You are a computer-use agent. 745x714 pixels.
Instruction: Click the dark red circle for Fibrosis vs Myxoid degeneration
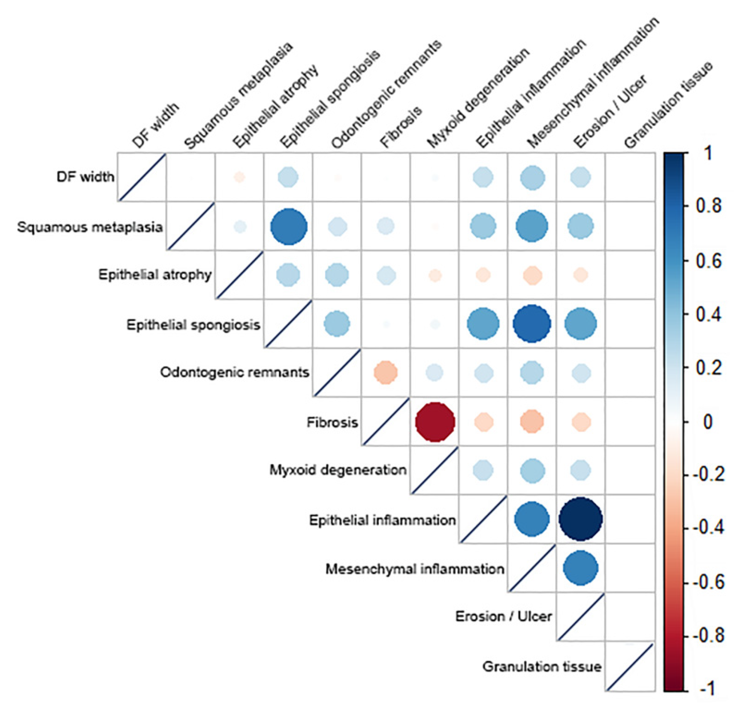[435, 422]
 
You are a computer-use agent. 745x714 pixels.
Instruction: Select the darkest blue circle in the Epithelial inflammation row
[580, 519]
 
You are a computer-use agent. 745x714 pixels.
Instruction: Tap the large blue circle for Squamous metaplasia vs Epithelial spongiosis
[289, 227]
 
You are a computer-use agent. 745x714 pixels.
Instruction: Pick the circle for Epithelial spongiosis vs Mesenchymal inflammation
[532, 324]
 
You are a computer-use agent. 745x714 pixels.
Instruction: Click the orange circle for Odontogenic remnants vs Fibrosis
[385, 372]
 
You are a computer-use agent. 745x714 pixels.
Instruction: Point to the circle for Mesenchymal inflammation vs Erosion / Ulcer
[580, 568]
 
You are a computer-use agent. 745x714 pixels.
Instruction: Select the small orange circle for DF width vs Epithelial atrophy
[240, 177]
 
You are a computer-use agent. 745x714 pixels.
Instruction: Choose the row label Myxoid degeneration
[338, 470]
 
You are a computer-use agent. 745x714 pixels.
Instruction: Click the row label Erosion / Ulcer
[503, 616]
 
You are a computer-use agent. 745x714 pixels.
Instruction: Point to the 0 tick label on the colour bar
[708, 422]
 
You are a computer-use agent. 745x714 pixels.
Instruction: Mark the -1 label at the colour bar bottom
[708, 689]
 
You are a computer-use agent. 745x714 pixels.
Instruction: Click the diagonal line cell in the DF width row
[141, 177]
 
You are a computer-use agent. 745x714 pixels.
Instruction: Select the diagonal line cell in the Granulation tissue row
[629, 667]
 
